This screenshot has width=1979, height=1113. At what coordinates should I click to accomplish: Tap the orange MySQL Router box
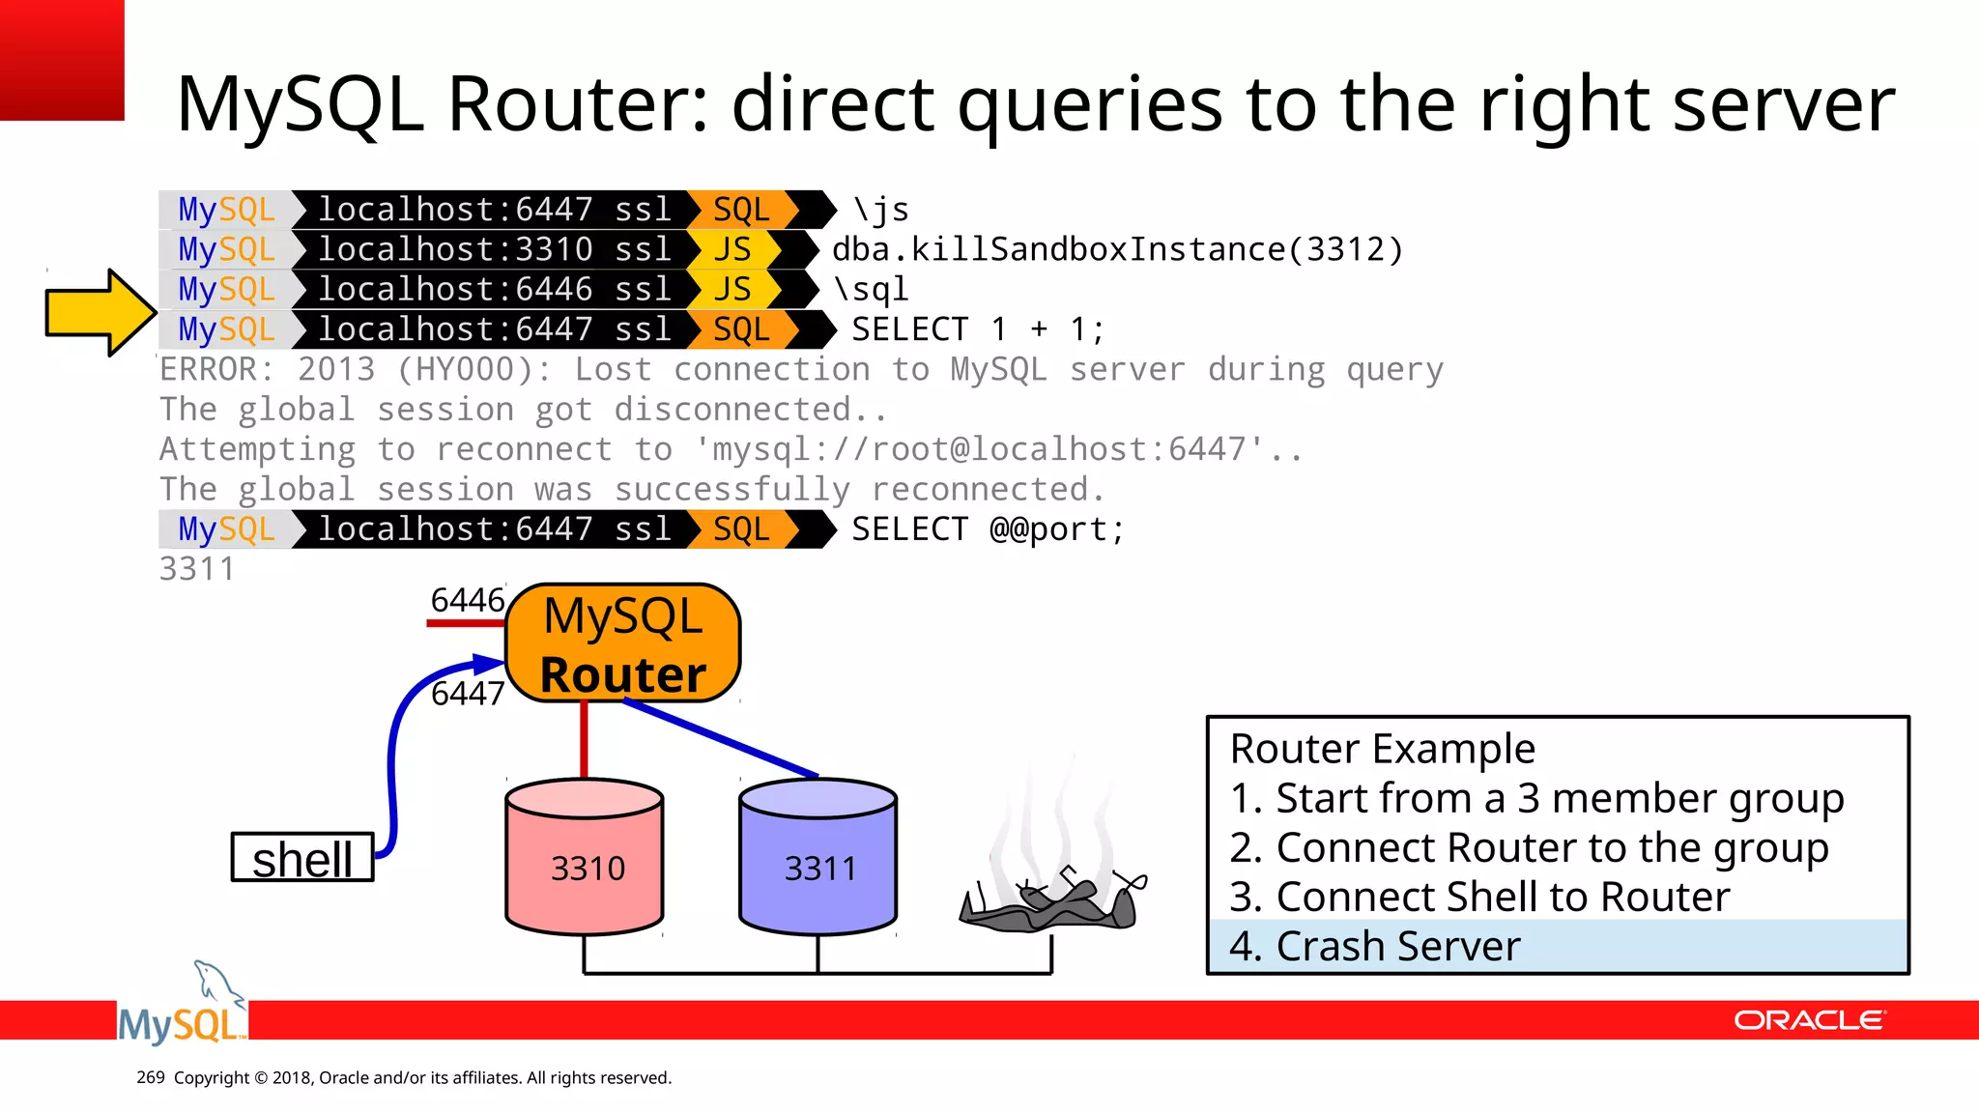(623, 643)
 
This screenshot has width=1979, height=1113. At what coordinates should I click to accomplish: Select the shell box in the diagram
(302, 858)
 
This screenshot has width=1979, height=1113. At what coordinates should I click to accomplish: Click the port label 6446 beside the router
(468, 600)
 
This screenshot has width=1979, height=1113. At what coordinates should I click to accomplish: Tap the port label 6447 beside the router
(468, 693)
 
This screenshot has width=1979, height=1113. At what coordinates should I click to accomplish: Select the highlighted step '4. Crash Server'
(1374, 946)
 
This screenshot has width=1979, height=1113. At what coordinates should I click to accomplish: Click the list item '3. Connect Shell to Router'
(1479, 897)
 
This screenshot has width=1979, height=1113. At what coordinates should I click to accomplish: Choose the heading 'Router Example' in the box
(1382, 749)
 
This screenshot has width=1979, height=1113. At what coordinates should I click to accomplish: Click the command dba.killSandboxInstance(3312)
(1117, 250)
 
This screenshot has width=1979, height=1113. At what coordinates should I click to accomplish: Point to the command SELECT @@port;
(988, 529)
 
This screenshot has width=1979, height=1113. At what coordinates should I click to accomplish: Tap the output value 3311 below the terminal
(197, 569)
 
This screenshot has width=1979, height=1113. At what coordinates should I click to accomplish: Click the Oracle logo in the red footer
(1809, 1020)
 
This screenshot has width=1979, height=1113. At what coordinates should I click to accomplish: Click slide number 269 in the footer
(151, 1077)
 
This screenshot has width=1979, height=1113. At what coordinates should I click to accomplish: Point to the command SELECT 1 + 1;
(977, 330)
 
